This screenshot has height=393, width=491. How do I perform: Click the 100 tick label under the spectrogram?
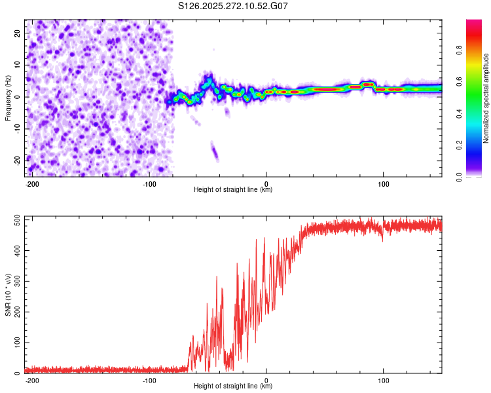(383, 183)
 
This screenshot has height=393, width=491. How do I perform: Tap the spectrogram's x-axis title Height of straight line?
(233, 190)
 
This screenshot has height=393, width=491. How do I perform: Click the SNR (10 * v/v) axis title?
(8, 295)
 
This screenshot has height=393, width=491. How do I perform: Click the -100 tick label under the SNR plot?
(149, 380)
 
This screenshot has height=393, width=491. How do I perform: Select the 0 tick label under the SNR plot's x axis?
(266, 380)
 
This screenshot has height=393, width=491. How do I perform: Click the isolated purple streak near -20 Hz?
(214, 153)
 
